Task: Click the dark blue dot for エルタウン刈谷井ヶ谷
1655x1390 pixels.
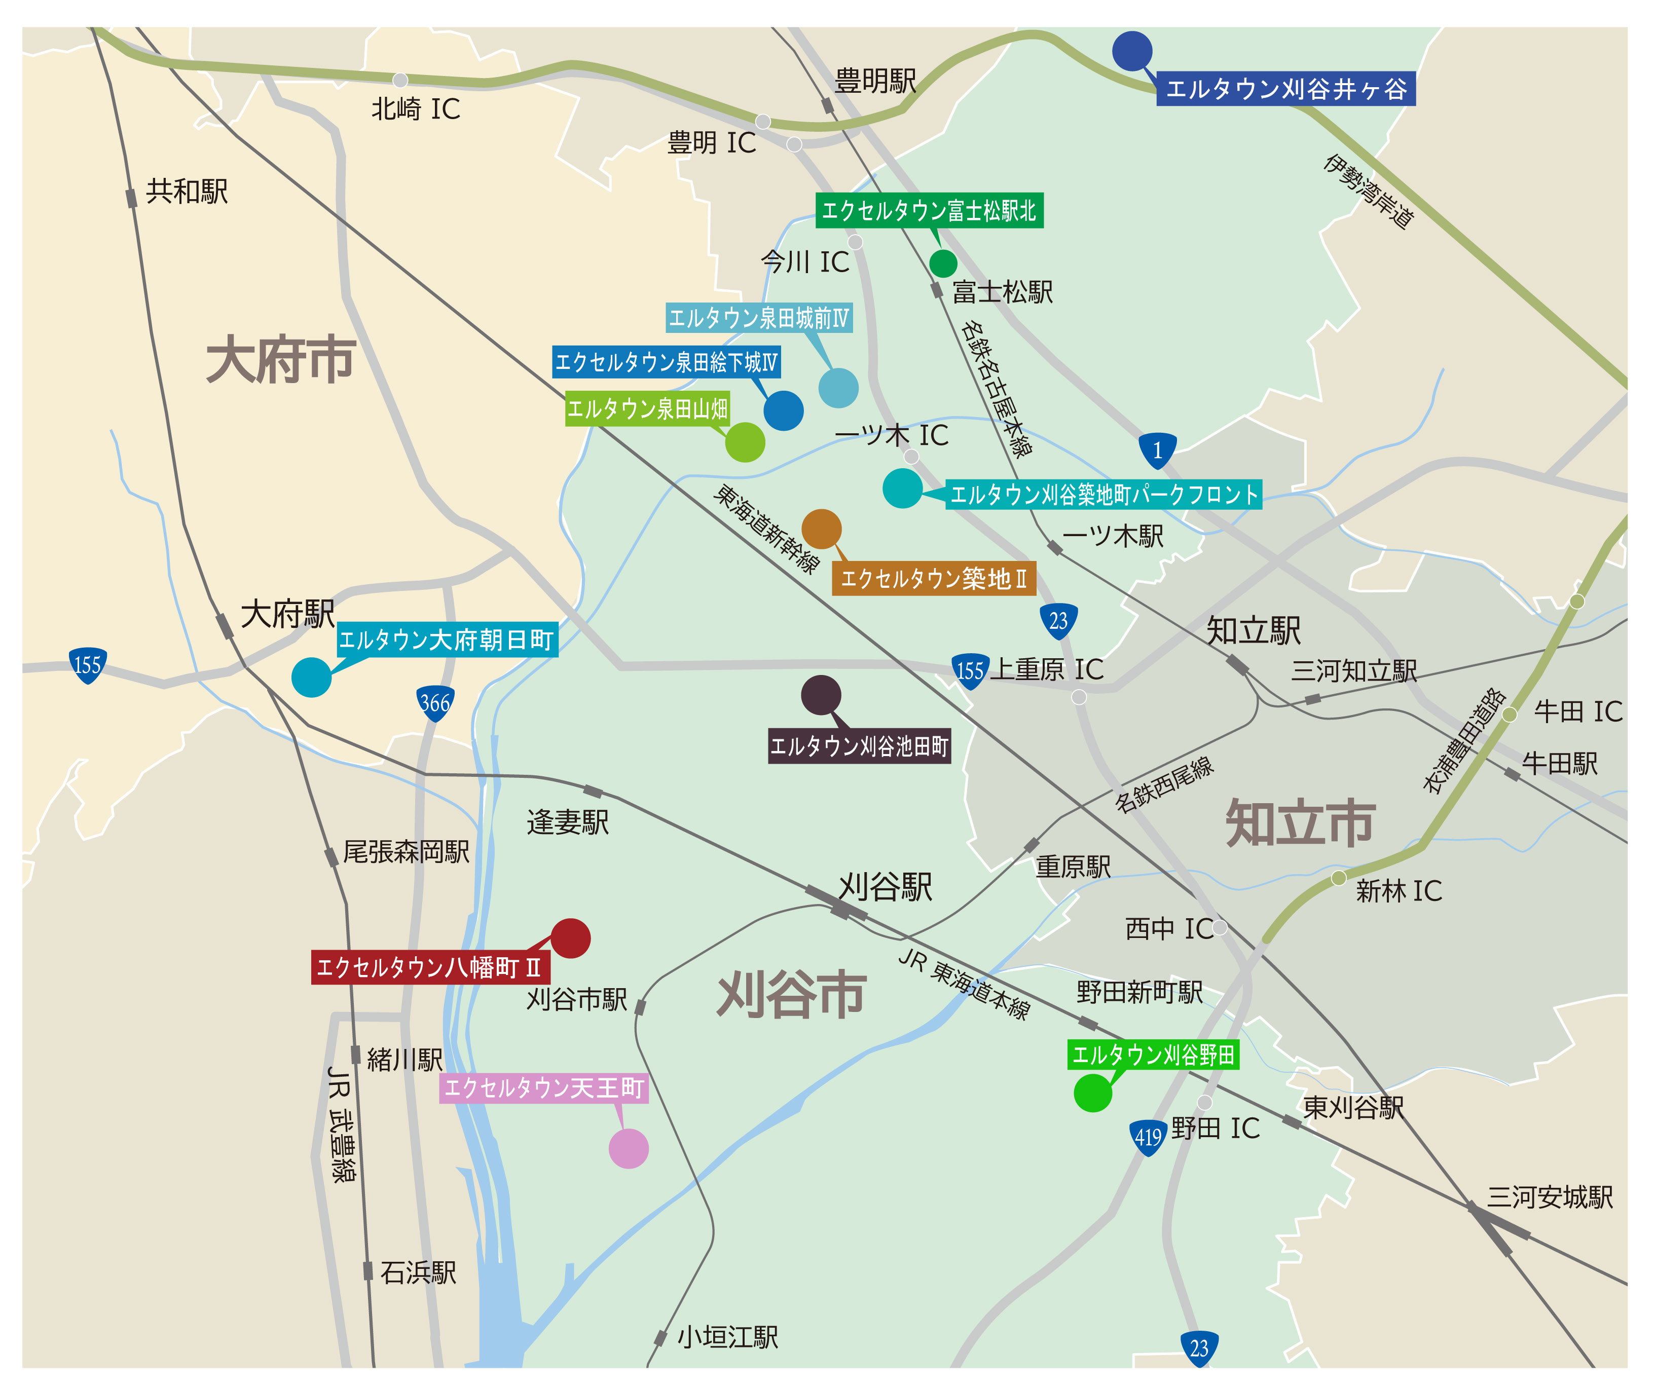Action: point(1132,51)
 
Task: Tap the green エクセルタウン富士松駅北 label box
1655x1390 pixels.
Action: point(929,210)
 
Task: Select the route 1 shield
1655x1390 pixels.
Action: point(1157,450)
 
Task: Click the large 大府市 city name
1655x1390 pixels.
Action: point(280,360)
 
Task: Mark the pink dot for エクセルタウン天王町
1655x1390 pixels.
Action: point(628,1148)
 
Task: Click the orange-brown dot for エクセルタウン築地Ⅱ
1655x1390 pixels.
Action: point(821,529)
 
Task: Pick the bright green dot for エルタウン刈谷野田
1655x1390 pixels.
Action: point(1092,1093)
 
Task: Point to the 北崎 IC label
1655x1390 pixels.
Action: point(415,109)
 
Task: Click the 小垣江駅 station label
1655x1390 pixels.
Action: point(727,1337)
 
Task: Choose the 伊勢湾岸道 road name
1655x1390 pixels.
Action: point(1369,192)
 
